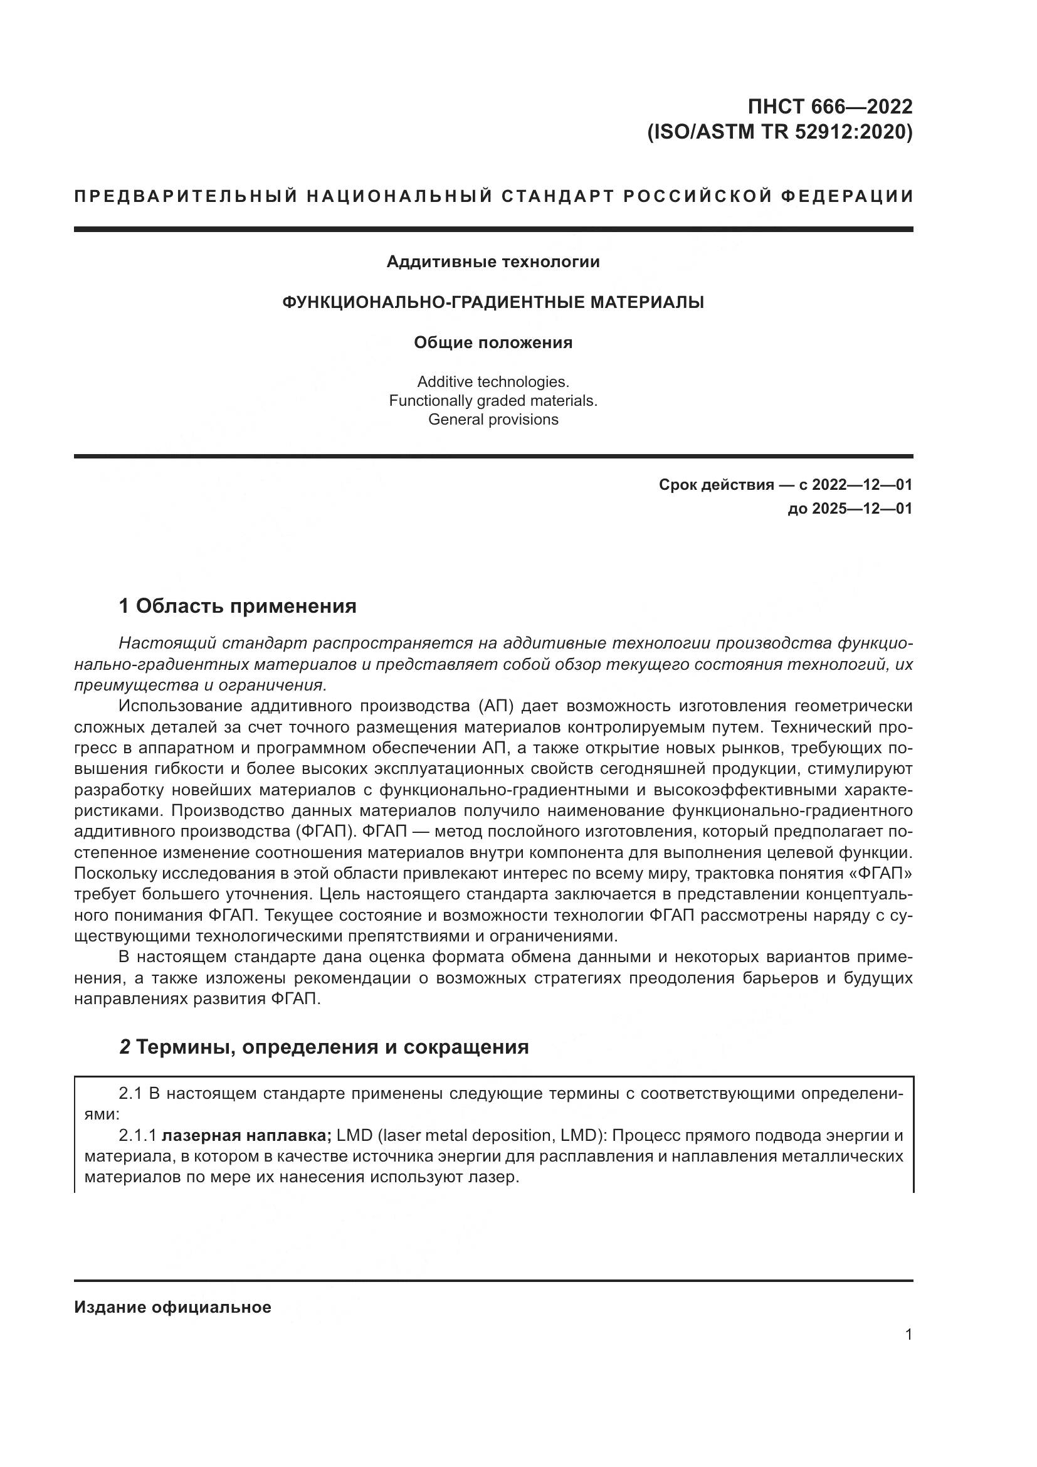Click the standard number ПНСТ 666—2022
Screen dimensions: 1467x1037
click(829, 106)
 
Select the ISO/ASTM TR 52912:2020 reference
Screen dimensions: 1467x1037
click(780, 132)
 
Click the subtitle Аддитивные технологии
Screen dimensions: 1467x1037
click(493, 262)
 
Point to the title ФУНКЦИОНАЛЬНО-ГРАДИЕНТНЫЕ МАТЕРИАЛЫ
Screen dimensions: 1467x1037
click(493, 302)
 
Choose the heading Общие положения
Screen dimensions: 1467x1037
click(493, 342)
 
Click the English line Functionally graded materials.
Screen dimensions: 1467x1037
click(493, 401)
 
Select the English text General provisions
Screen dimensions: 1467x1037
click(493, 419)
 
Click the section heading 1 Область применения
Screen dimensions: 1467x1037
click(238, 606)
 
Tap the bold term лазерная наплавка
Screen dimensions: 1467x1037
click(246, 1135)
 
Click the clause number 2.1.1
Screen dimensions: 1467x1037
click(137, 1135)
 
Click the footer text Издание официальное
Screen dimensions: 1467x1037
click(172, 1307)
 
